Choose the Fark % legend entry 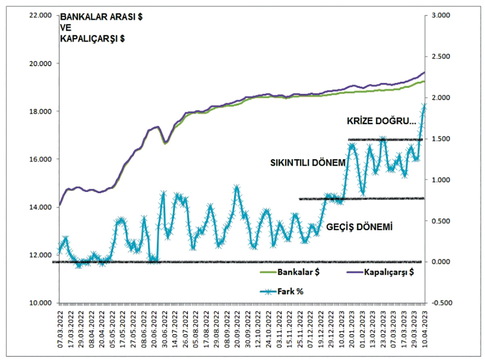coord(290,291)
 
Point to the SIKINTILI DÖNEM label coord(308,163)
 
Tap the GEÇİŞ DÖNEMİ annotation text coord(360,226)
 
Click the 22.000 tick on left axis coord(42,15)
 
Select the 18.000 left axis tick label coord(42,111)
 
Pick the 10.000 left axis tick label coord(42,303)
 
